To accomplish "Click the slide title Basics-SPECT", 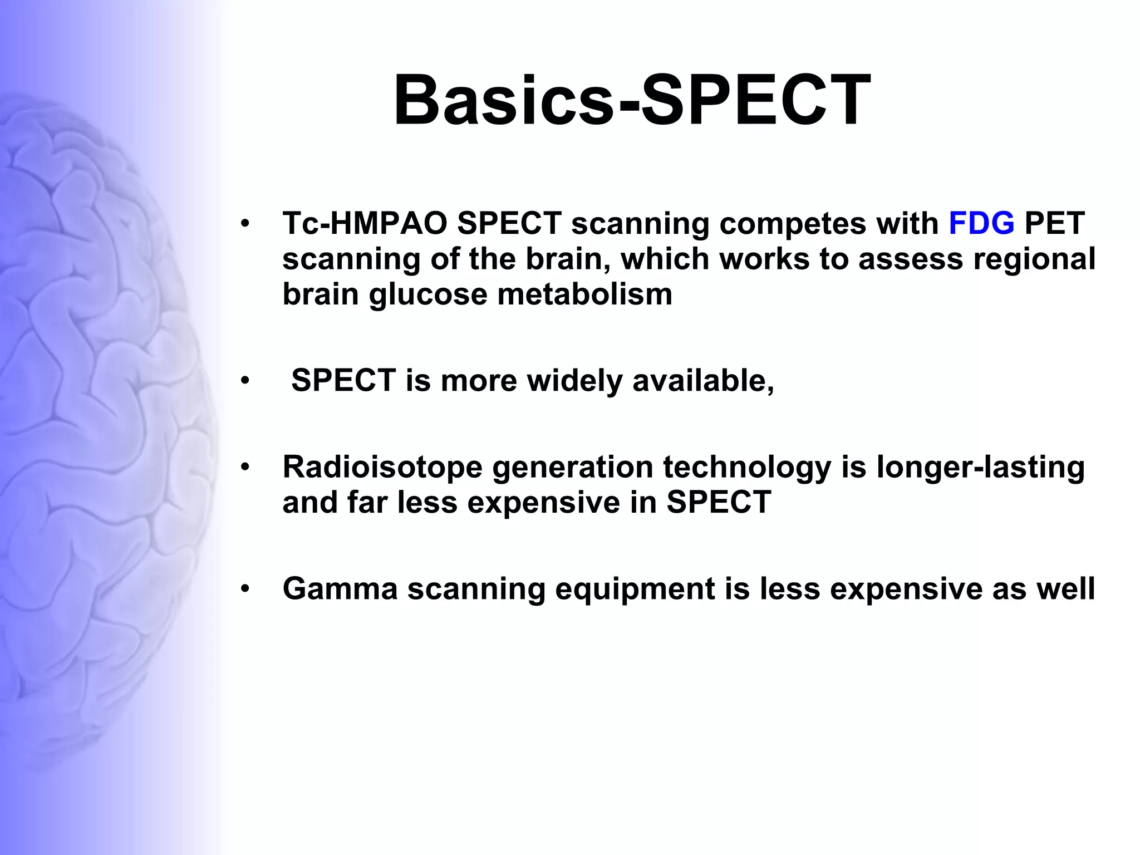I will pos(632,100).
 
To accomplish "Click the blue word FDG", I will pos(981,223).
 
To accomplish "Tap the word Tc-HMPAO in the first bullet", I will pos(365,223).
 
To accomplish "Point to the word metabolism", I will pos(584,294).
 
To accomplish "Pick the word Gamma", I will pos(340,588).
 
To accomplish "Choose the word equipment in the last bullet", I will pos(635,589).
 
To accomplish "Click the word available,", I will pos(703,381).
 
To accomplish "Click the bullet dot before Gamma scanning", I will pos(245,589).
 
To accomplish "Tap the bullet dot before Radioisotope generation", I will pos(245,467).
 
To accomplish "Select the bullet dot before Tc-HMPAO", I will pos(245,224).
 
